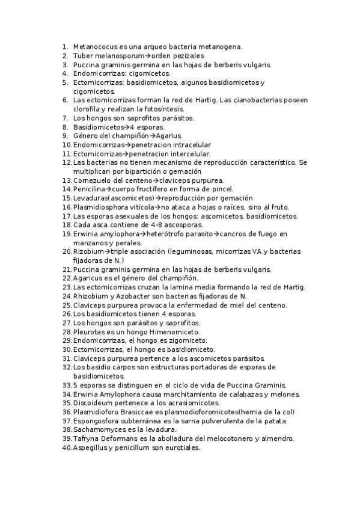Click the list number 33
click(67, 385)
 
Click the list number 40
click(67, 448)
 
